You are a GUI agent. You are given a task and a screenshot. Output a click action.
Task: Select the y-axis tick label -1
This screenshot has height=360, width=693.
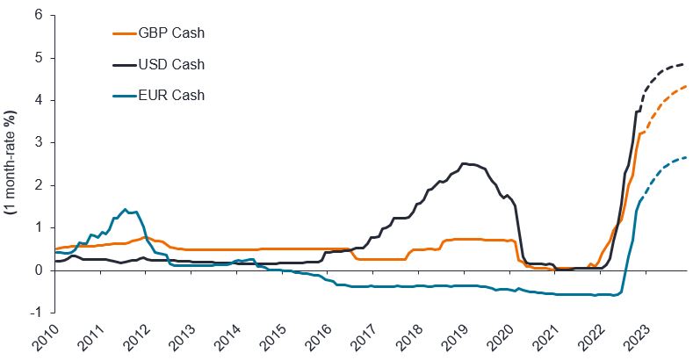point(36,313)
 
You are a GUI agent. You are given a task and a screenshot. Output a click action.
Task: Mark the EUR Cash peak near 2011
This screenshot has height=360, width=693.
point(125,209)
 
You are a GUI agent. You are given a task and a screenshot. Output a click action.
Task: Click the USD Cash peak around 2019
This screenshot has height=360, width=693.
point(464,163)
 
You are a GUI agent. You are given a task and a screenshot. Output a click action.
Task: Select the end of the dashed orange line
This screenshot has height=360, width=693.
point(686,86)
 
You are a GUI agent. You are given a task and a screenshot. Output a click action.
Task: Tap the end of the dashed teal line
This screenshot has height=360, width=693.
point(686,157)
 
